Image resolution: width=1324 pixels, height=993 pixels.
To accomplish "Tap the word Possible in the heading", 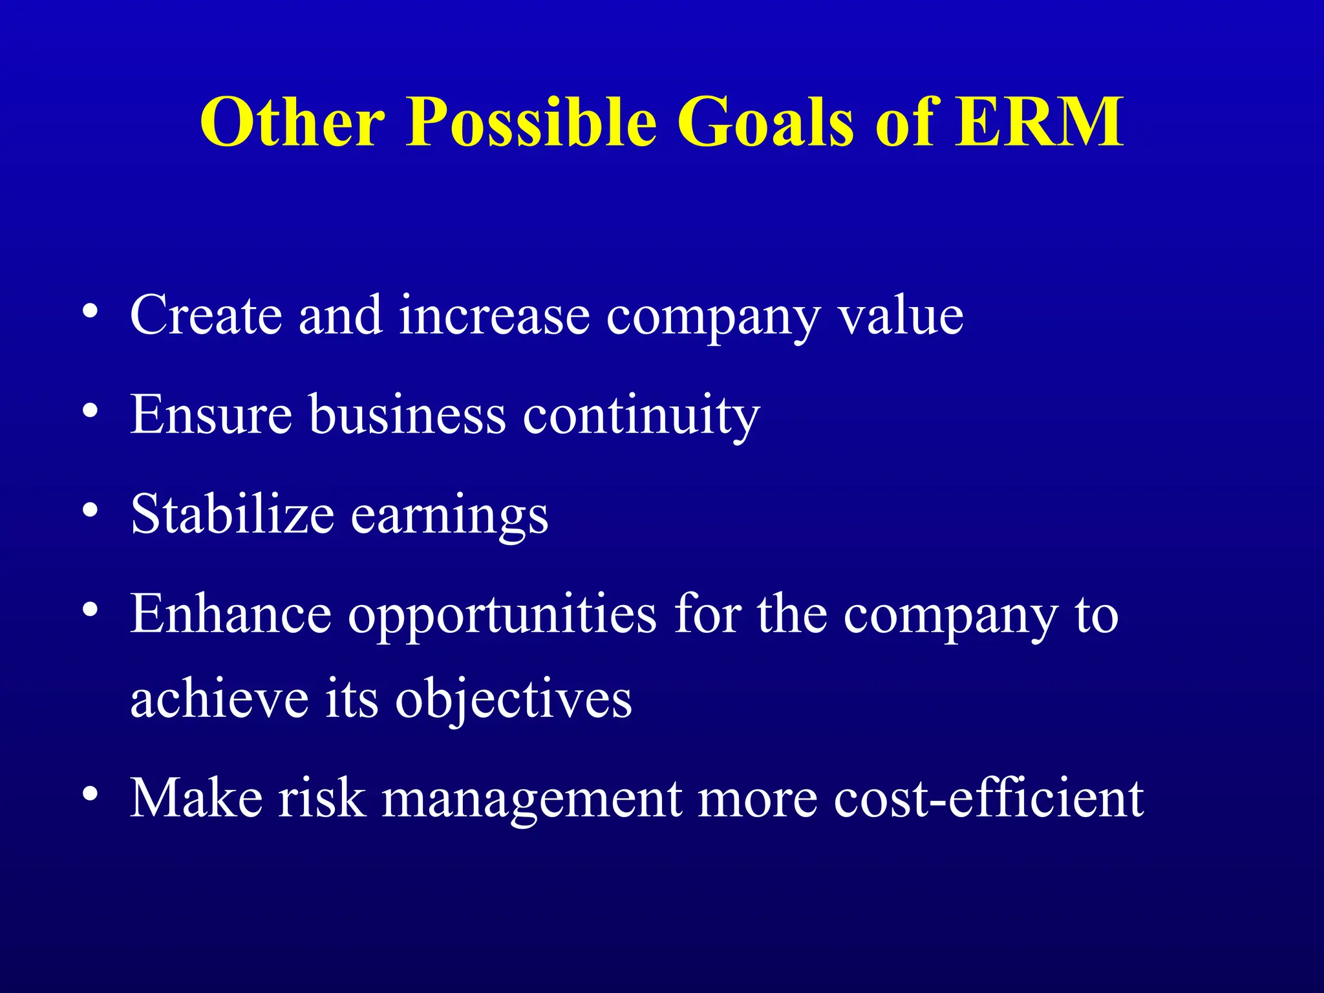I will [x=531, y=122].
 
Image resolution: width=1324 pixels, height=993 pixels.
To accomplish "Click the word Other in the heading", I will [x=292, y=122].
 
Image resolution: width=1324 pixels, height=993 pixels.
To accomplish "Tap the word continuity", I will [x=641, y=416].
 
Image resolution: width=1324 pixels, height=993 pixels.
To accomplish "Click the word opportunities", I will [x=502, y=615].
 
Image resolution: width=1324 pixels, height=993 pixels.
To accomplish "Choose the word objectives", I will [x=513, y=700].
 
